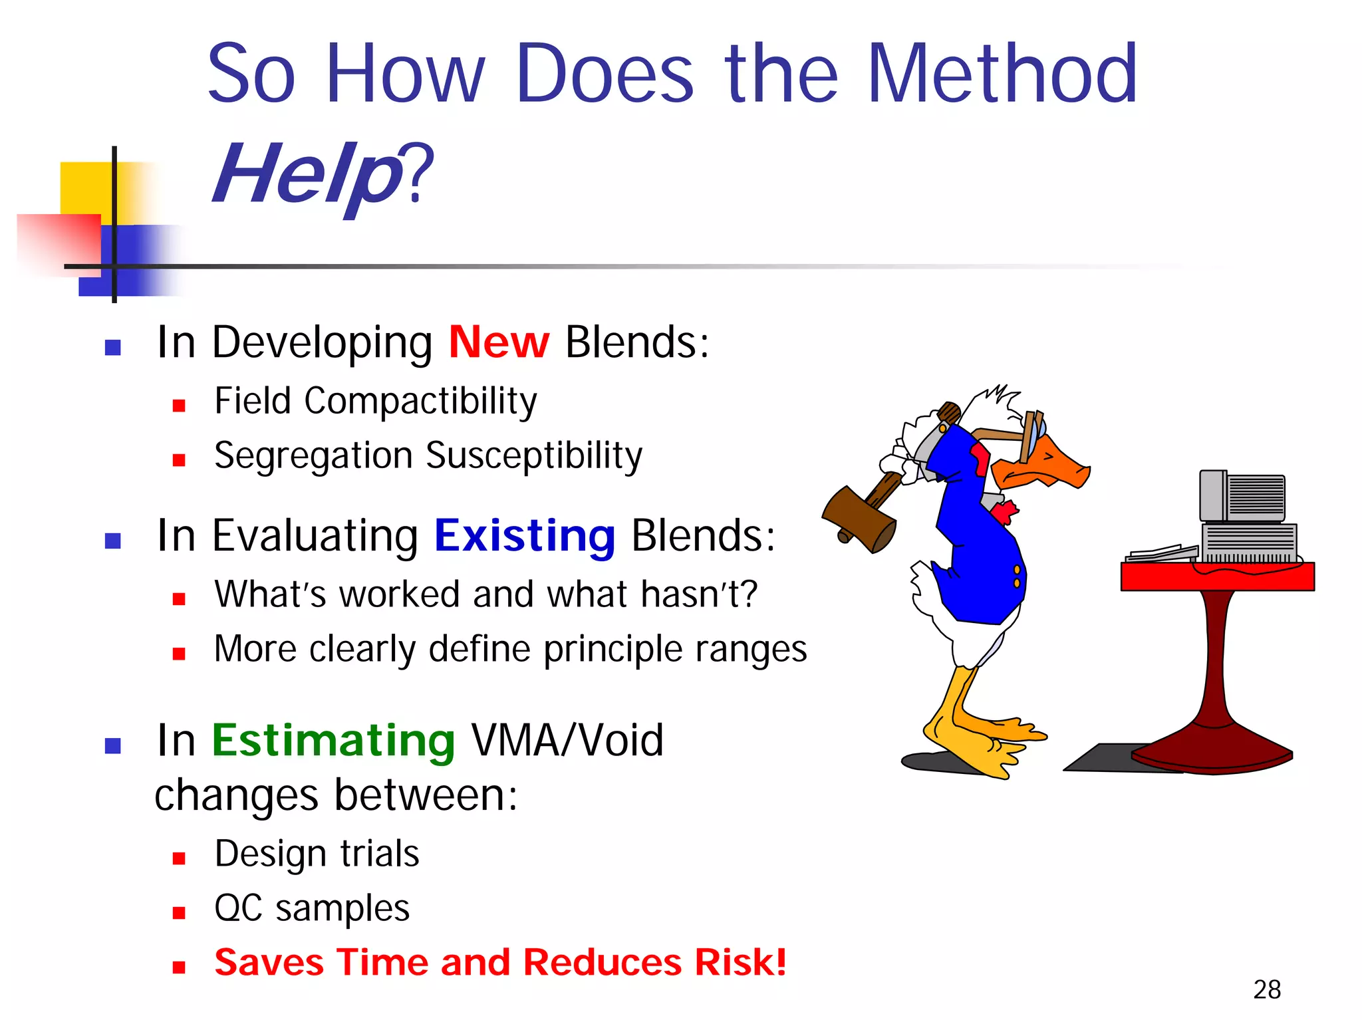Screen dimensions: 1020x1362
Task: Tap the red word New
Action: coord(499,343)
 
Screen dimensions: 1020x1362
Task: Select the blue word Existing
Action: coord(525,536)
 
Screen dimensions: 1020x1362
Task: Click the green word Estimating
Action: coord(333,741)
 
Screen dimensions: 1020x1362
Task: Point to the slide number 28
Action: coord(1266,989)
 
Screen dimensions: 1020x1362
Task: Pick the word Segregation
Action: coord(313,456)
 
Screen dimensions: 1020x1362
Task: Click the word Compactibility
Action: coord(420,402)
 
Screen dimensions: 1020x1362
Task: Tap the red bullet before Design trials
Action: coord(178,858)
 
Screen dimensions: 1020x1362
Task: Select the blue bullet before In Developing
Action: coord(112,348)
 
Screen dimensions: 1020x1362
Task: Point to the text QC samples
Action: coord(312,908)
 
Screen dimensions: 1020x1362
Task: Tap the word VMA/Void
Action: coord(567,741)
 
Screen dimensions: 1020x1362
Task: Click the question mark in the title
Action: coord(420,174)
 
